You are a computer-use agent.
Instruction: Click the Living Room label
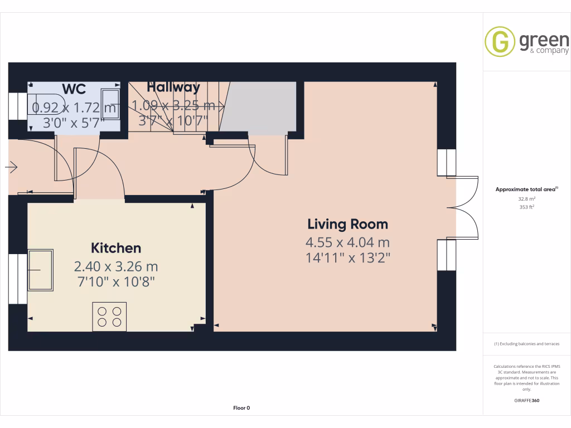[347, 225]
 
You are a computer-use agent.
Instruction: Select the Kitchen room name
[116, 248]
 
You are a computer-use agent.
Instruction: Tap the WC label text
[74, 89]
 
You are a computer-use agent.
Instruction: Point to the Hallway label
[173, 87]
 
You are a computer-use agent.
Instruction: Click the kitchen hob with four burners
[109, 317]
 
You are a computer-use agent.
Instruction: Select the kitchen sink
[41, 270]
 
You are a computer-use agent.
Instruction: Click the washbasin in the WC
[109, 106]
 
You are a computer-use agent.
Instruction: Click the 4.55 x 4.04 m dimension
[347, 243]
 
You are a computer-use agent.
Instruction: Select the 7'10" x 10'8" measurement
[116, 282]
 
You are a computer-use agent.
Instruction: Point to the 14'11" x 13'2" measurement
[347, 258]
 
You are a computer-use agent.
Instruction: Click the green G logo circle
[500, 41]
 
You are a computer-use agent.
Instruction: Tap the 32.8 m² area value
[527, 198]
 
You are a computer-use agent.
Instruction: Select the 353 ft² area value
[527, 207]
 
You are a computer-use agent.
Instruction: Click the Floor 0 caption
[241, 408]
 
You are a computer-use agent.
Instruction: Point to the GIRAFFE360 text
[527, 400]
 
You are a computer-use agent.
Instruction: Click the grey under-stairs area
[259, 108]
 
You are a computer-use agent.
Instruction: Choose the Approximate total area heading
[526, 189]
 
